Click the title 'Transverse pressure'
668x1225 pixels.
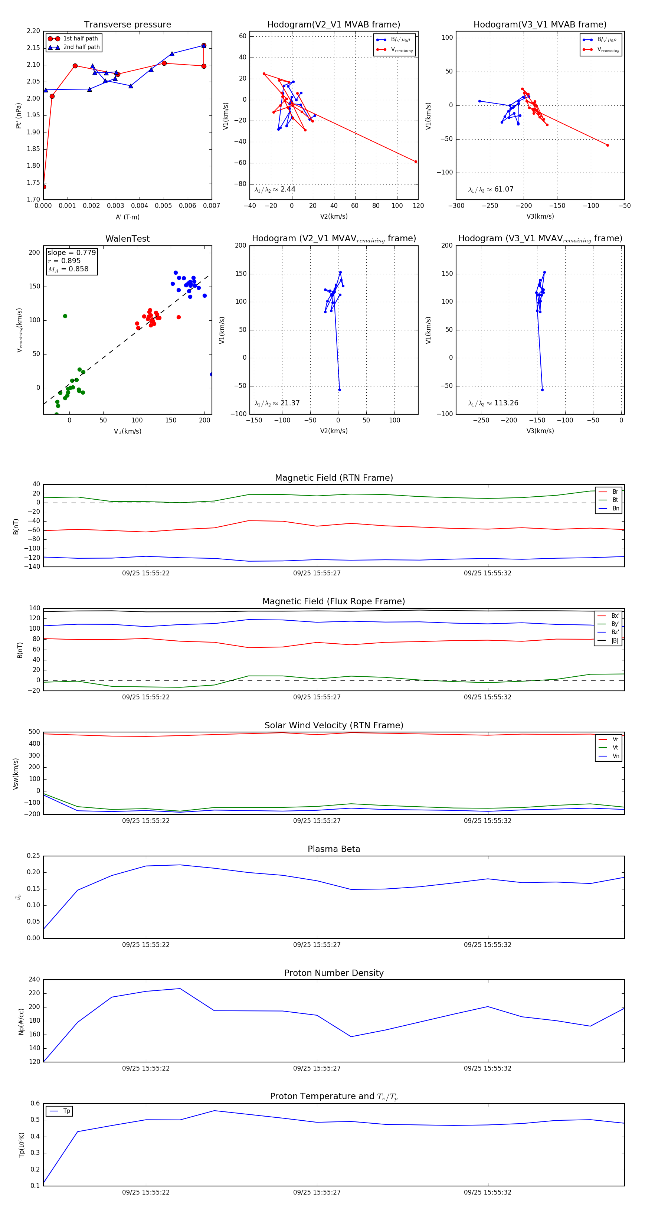[127, 25]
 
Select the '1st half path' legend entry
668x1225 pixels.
[80, 39]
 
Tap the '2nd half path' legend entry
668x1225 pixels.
[81, 47]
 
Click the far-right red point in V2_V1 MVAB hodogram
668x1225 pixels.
[416, 162]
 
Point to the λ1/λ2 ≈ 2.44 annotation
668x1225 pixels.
[275, 189]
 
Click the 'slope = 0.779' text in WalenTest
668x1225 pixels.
[71, 252]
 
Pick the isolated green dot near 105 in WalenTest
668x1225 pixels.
[65, 316]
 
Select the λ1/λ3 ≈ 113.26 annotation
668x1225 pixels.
[493, 403]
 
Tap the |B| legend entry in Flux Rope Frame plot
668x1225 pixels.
[614, 641]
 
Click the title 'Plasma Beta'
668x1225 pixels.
[334, 849]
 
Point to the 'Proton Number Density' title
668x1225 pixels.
[334, 973]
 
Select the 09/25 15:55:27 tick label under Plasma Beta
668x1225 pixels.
[317, 944]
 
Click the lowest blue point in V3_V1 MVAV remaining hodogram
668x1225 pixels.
[542, 390]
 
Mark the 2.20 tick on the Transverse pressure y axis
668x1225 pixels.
[33, 31]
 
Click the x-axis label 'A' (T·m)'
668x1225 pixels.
[127, 217]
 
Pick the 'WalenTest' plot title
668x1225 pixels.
[127, 239]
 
